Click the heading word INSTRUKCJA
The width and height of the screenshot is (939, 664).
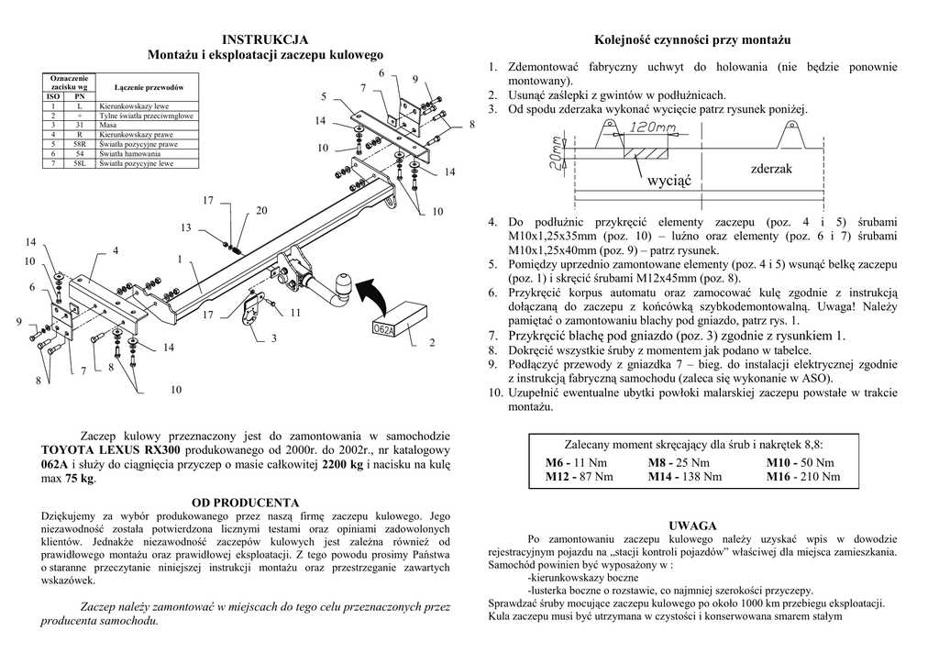coord(265,39)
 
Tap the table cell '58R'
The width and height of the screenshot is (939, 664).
coord(81,144)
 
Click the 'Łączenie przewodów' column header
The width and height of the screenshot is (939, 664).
coord(149,86)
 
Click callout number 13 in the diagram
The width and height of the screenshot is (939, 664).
coord(185,227)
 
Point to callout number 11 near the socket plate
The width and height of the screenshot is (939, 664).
coord(295,313)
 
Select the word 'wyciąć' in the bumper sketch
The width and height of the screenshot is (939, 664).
coord(669,182)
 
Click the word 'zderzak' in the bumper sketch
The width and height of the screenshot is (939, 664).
coord(770,169)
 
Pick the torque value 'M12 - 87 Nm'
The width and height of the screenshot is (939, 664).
coord(579,477)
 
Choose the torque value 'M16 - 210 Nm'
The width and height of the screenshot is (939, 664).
coord(802,477)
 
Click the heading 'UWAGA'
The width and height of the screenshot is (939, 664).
coord(692,526)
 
